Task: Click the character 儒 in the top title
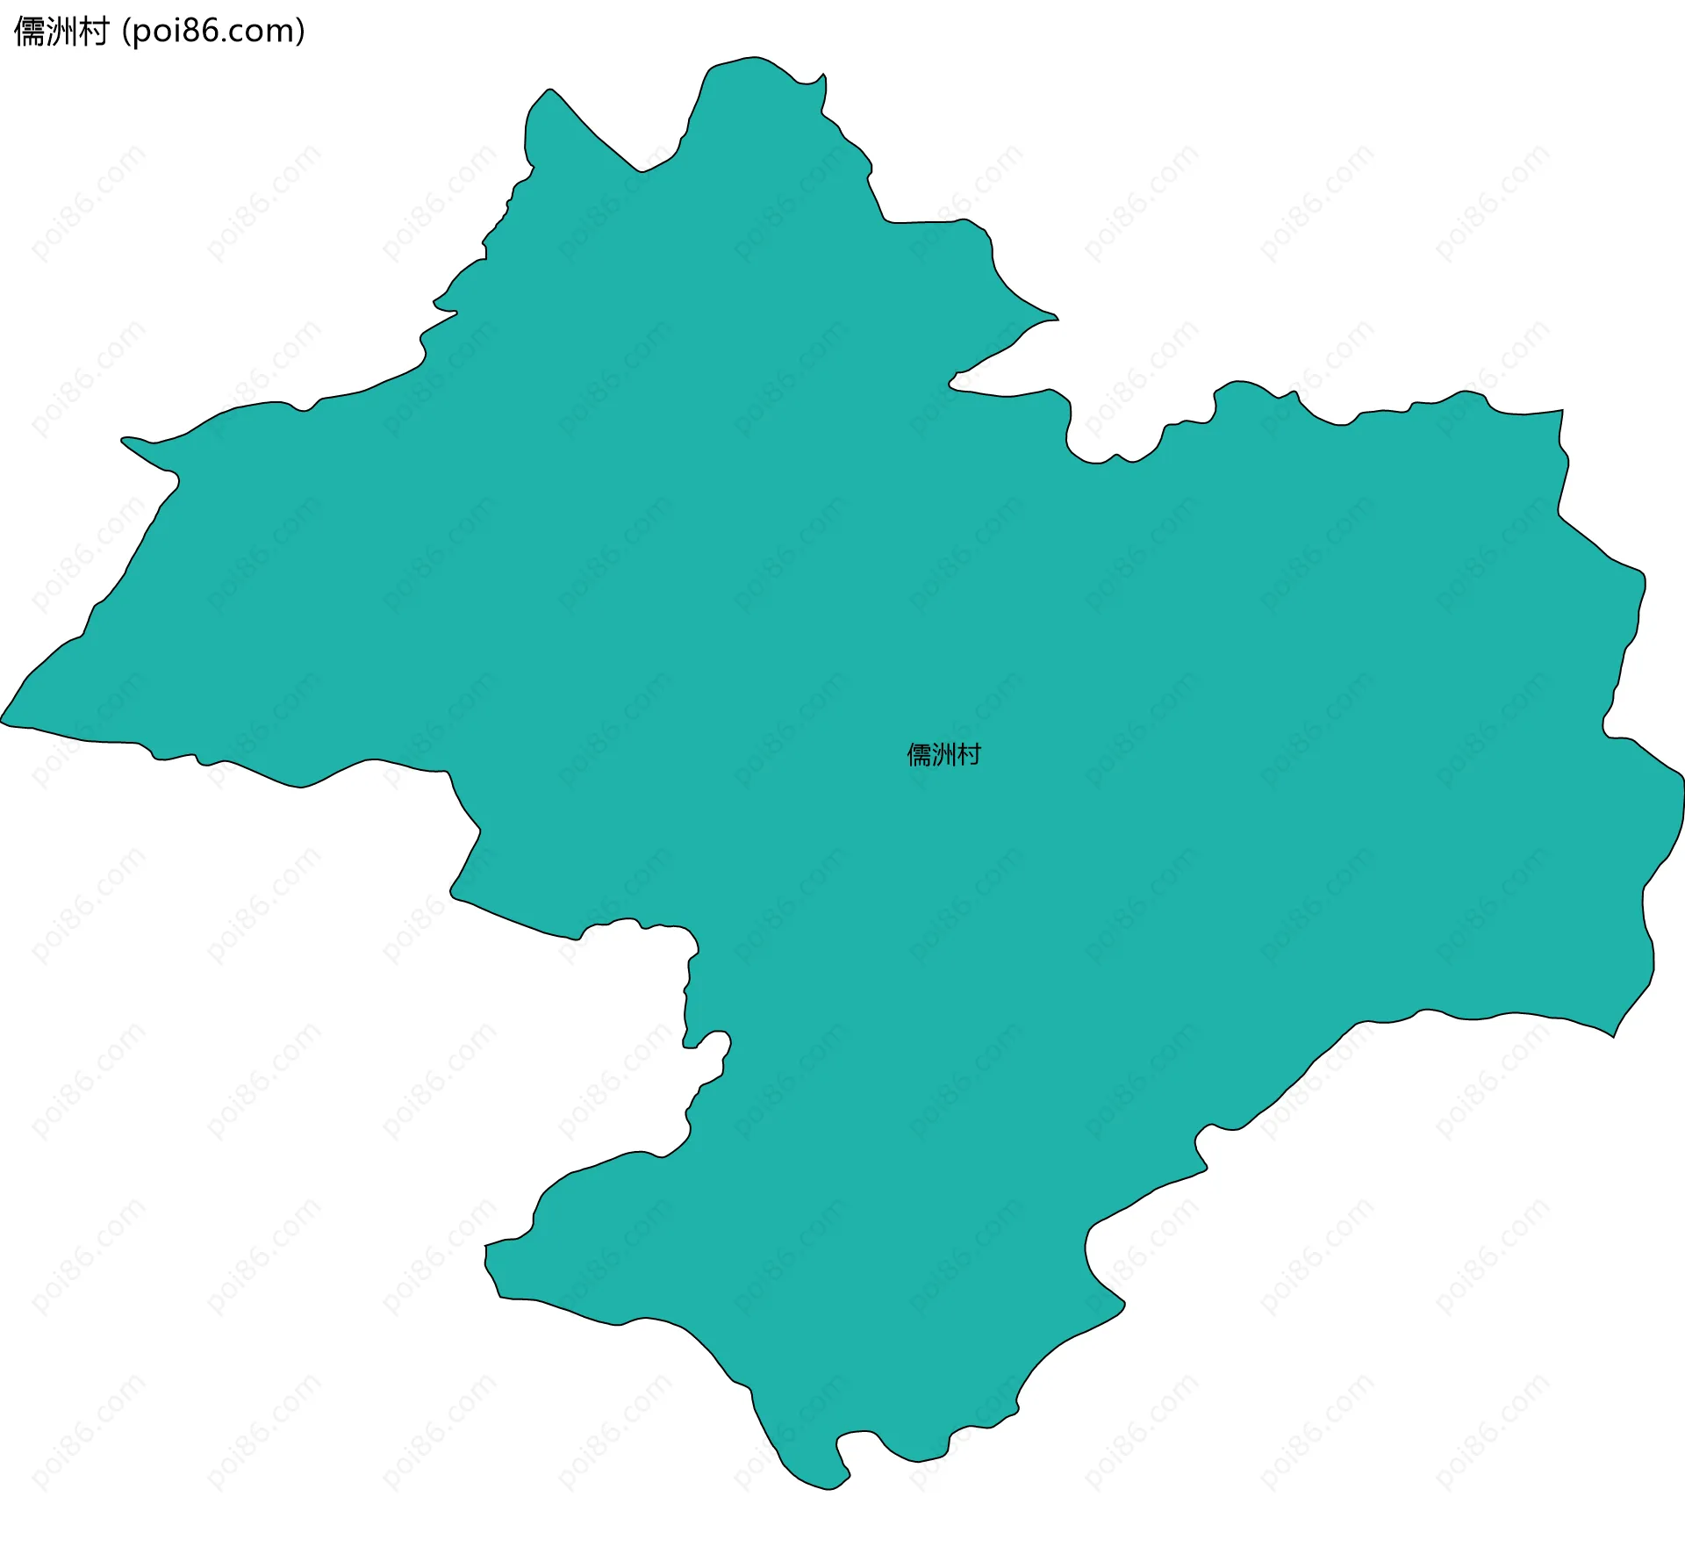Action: click(x=30, y=32)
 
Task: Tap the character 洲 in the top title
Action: click(x=61, y=32)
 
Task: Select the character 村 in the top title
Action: click(x=93, y=32)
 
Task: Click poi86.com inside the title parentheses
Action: click(x=214, y=32)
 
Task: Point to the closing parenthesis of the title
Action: click(x=301, y=32)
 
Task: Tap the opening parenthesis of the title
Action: click(x=126, y=32)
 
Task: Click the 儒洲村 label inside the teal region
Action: click(x=944, y=755)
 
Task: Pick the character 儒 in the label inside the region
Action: click(x=920, y=755)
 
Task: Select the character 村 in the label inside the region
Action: click(x=969, y=755)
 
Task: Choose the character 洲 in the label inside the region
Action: click(x=944, y=755)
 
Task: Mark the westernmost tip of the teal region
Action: click(x=2, y=722)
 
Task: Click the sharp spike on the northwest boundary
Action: click(x=124, y=438)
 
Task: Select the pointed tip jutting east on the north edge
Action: click(x=1058, y=319)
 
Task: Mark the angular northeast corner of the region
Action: click(x=1562, y=410)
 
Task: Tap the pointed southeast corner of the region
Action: click(x=1613, y=1036)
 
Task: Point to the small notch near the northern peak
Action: click(x=821, y=77)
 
